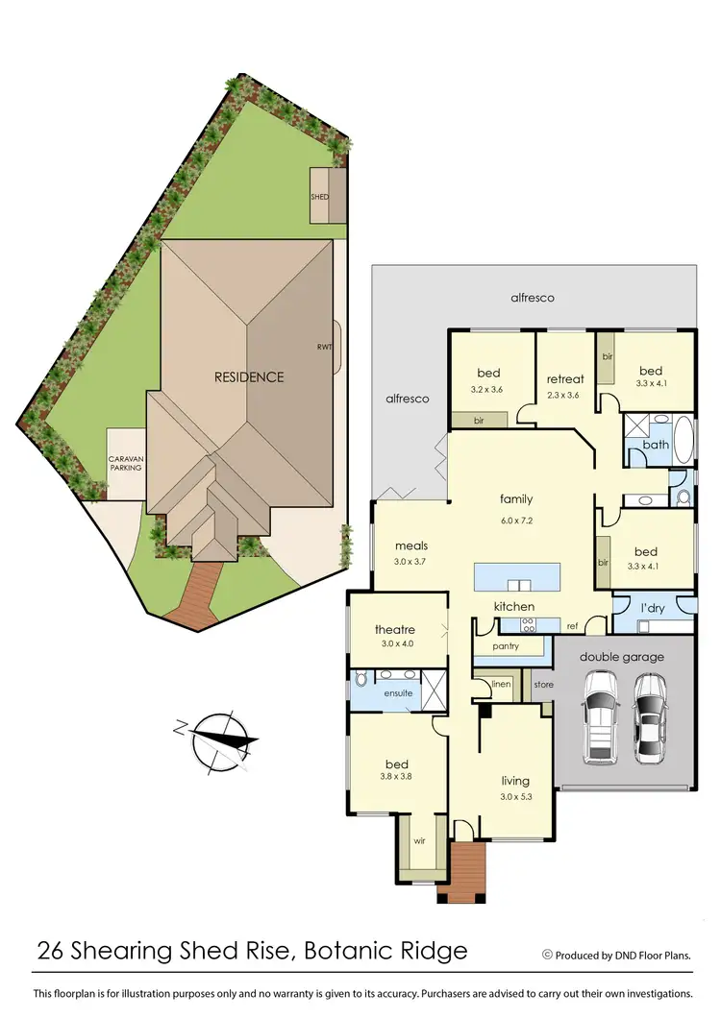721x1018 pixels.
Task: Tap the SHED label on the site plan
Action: click(x=319, y=197)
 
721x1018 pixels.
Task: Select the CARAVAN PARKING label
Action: click(x=125, y=464)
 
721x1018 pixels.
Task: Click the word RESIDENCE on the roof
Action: click(x=249, y=376)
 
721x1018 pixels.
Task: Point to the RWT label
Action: click(x=324, y=348)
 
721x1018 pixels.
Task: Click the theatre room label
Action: click(x=394, y=630)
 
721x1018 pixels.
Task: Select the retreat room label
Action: click(x=565, y=378)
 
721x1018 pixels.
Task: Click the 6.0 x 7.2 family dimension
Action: click(x=515, y=519)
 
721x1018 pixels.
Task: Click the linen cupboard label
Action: click(x=501, y=684)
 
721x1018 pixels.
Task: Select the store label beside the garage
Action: click(x=544, y=685)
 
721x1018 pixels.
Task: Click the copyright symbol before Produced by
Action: click(x=548, y=955)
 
